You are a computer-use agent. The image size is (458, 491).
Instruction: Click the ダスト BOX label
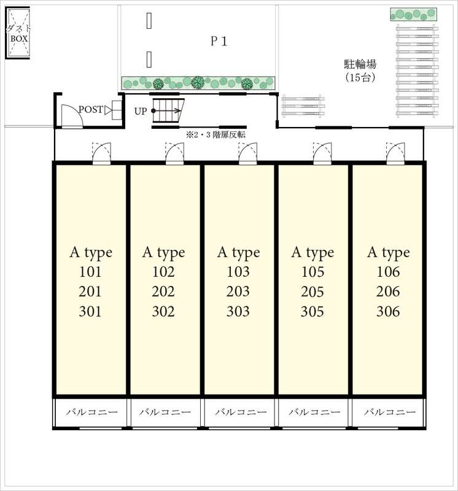(19, 34)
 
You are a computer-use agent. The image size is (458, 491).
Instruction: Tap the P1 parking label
(219, 41)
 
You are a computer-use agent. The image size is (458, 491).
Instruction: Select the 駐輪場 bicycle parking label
(360, 64)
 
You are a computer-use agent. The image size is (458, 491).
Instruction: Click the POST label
(90, 110)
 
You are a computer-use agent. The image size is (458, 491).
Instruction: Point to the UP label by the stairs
(141, 111)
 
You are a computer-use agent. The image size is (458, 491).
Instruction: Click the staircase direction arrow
(166, 110)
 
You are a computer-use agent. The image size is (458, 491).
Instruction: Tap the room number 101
(90, 272)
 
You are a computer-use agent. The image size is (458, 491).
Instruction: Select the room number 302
(163, 312)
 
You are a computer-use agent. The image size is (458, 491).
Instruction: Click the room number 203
(238, 292)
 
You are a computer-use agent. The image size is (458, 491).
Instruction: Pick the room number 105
(312, 272)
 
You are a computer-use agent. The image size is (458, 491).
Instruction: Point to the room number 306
(388, 312)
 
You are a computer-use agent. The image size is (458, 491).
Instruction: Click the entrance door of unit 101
(101, 153)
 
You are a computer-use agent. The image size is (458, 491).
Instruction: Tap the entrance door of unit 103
(248, 153)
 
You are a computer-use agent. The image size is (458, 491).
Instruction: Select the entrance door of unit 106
(395, 153)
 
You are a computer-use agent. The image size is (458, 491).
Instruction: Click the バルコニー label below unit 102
(165, 412)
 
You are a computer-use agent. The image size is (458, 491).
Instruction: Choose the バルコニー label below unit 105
(314, 412)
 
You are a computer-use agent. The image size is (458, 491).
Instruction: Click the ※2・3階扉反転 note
(216, 135)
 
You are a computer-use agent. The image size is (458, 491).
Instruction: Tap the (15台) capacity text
(360, 77)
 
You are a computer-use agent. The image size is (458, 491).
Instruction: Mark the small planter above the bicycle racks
(414, 14)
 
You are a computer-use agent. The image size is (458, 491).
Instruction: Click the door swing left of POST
(72, 116)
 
